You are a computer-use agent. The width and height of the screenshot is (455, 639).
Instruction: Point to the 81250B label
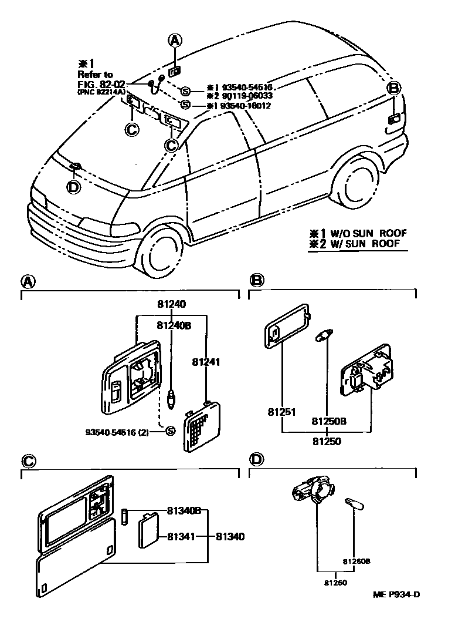pos(329,421)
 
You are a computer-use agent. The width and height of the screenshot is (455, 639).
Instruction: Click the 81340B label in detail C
pos(184,511)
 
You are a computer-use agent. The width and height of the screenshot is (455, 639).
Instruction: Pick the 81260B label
pos(356,561)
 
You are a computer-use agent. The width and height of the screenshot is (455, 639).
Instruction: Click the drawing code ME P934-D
pos(396,594)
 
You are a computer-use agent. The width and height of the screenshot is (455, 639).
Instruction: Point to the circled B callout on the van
pos(394,89)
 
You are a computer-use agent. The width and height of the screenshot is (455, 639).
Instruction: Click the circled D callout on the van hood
pos(73,187)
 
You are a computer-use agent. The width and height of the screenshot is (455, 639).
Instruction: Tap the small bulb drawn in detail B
pos(324,337)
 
